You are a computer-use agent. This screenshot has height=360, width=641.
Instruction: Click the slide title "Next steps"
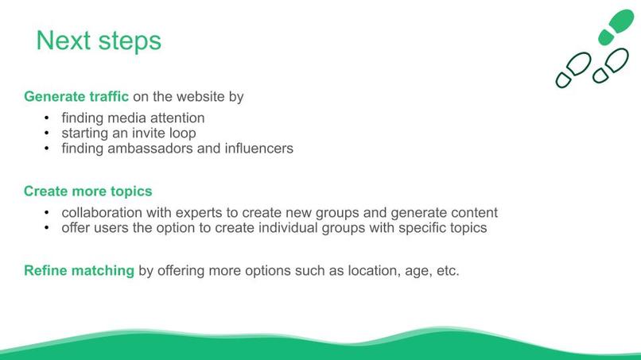[x=99, y=41]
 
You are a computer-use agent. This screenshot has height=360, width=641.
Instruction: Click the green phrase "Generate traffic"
[x=76, y=97]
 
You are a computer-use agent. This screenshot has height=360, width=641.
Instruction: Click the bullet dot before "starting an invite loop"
[x=47, y=134]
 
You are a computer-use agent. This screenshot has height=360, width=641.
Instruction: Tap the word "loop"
[x=181, y=134]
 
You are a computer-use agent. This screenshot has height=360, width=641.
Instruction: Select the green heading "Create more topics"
[x=88, y=192]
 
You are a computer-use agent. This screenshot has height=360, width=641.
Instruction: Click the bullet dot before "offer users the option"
[x=47, y=228]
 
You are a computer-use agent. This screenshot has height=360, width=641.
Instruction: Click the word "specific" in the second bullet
[x=410, y=228]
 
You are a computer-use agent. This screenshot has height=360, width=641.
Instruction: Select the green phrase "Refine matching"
[x=79, y=270]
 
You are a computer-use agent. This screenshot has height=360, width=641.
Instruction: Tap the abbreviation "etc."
[x=445, y=270]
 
